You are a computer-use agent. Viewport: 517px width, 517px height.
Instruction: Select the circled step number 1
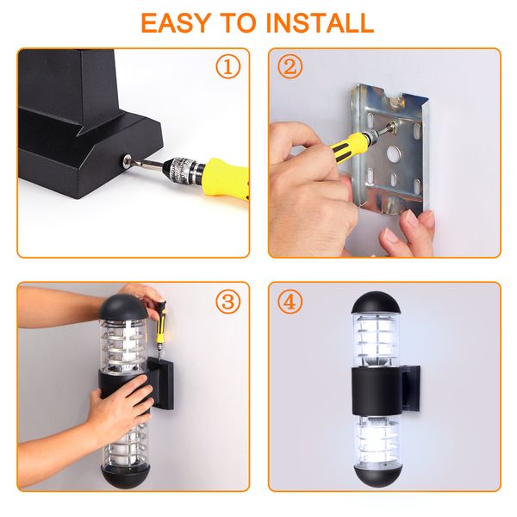click(x=228, y=67)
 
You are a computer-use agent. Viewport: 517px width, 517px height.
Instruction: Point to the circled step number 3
click(x=228, y=302)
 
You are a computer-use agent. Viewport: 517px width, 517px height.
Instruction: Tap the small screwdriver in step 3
click(x=159, y=325)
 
